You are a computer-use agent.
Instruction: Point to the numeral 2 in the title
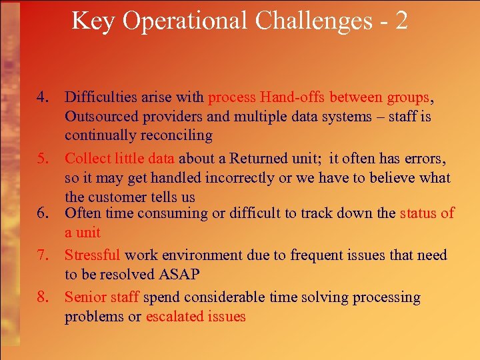pyautogui.click(x=401, y=21)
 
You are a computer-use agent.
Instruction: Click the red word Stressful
pyautogui.click(x=93, y=255)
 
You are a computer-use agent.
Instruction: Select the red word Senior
pyautogui.click(x=84, y=297)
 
